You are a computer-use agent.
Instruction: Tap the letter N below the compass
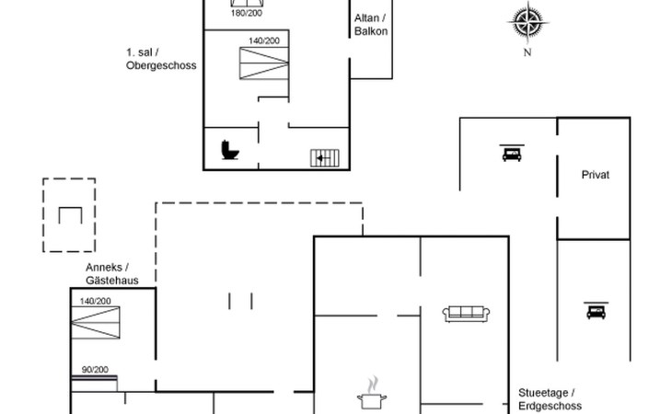tap(527, 52)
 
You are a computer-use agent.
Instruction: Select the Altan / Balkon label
tap(371, 25)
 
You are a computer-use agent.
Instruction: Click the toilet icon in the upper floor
tap(229, 149)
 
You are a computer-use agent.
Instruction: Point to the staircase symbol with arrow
tap(325, 157)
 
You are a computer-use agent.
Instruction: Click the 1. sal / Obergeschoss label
tap(161, 60)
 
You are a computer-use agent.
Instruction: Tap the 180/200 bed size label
tap(245, 14)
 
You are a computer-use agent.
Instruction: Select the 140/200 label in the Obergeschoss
tap(264, 40)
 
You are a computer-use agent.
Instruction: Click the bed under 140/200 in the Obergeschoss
tap(264, 64)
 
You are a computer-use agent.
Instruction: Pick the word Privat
tap(596, 174)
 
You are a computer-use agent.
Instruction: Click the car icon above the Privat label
tap(510, 153)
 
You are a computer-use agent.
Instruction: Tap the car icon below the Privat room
tap(595, 311)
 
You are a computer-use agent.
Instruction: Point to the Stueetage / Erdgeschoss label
tap(550, 398)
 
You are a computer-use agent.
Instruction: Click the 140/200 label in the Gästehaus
tap(95, 301)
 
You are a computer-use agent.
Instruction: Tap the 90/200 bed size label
tap(95, 370)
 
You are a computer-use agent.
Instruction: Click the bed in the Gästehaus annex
tap(96, 324)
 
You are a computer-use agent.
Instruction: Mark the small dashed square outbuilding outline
tap(69, 214)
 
